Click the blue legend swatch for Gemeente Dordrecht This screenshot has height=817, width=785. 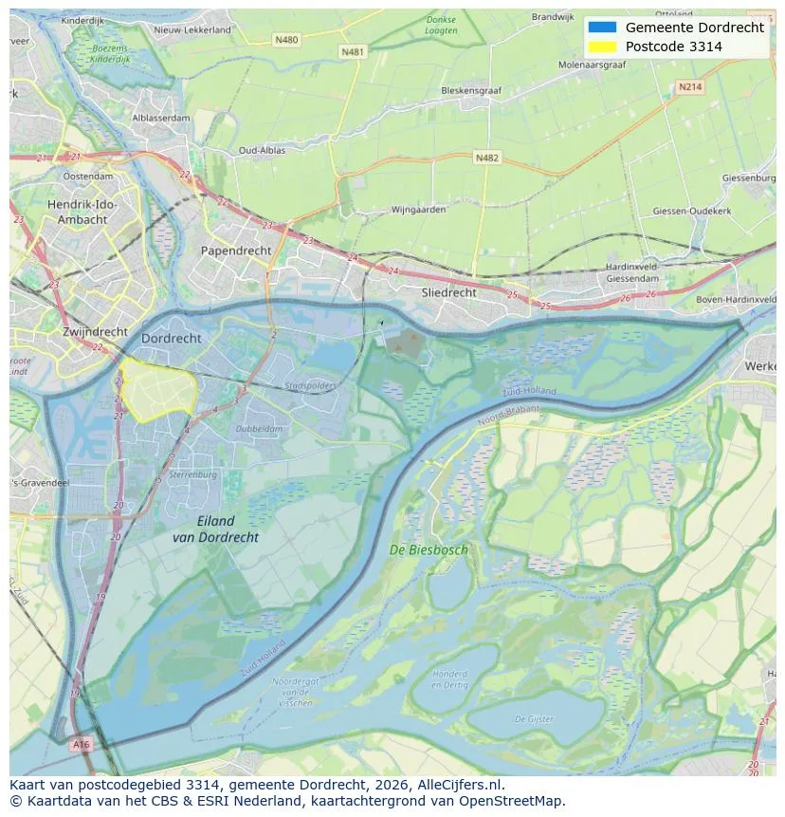click(602, 28)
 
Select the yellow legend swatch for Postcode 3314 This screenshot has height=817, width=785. click(602, 46)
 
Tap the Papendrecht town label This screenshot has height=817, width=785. click(235, 251)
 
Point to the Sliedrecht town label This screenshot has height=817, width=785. click(448, 293)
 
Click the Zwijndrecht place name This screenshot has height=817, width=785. click(95, 332)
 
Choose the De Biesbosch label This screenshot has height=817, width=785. click(429, 549)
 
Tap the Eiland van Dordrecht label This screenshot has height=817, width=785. click(215, 529)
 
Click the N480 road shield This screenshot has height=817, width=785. click(285, 40)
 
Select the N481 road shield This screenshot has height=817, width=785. click(352, 52)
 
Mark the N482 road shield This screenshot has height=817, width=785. click(486, 158)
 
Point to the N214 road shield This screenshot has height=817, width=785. click(690, 86)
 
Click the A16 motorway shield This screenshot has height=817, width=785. click(82, 745)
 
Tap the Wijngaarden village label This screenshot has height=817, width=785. click(418, 210)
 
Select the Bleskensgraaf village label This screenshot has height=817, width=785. click(471, 91)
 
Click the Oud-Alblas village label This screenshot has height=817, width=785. click(261, 151)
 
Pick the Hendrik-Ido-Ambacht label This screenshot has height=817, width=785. click(81, 212)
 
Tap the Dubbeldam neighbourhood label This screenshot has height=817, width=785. click(259, 429)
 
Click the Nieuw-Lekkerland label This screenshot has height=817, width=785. click(192, 29)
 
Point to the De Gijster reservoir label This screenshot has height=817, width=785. click(534, 720)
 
